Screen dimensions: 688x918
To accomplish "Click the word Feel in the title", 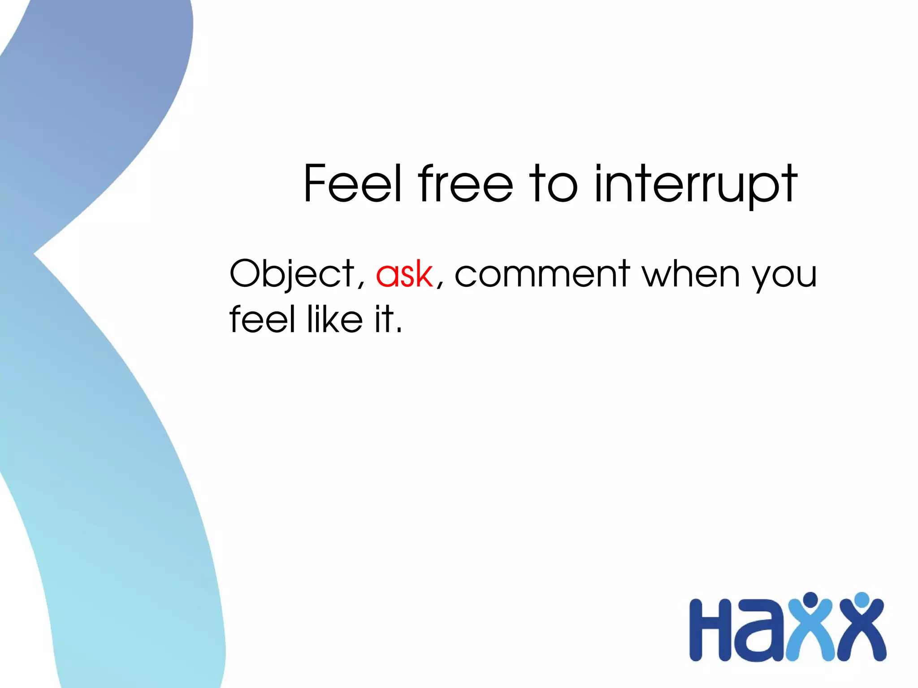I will pyautogui.click(x=352, y=183).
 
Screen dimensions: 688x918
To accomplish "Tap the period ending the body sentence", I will pyautogui.click(x=399, y=331).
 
